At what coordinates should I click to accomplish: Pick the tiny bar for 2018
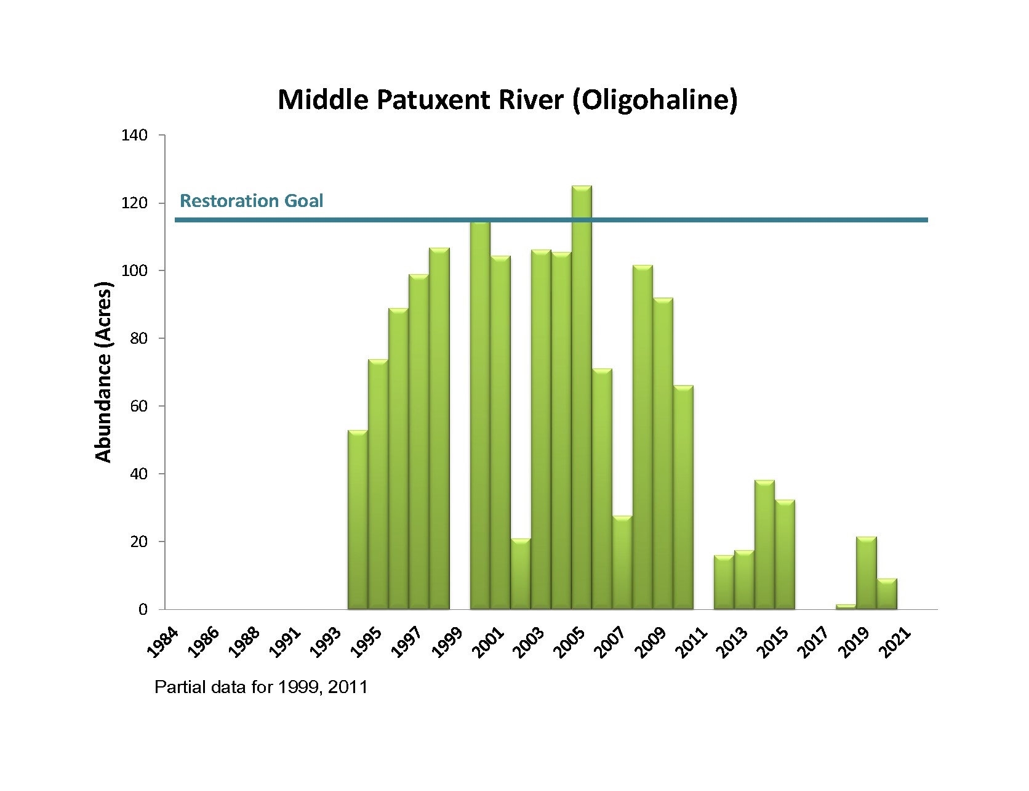click(846, 607)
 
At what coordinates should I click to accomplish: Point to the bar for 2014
click(764, 545)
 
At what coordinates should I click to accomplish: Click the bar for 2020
click(887, 594)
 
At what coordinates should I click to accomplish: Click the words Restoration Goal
click(251, 201)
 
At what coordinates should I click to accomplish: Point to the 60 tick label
click(141, 406)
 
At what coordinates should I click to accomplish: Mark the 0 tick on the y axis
click(143, 609)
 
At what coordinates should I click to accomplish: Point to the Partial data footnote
click(261, 687)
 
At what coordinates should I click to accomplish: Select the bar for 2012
click(724, 582)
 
